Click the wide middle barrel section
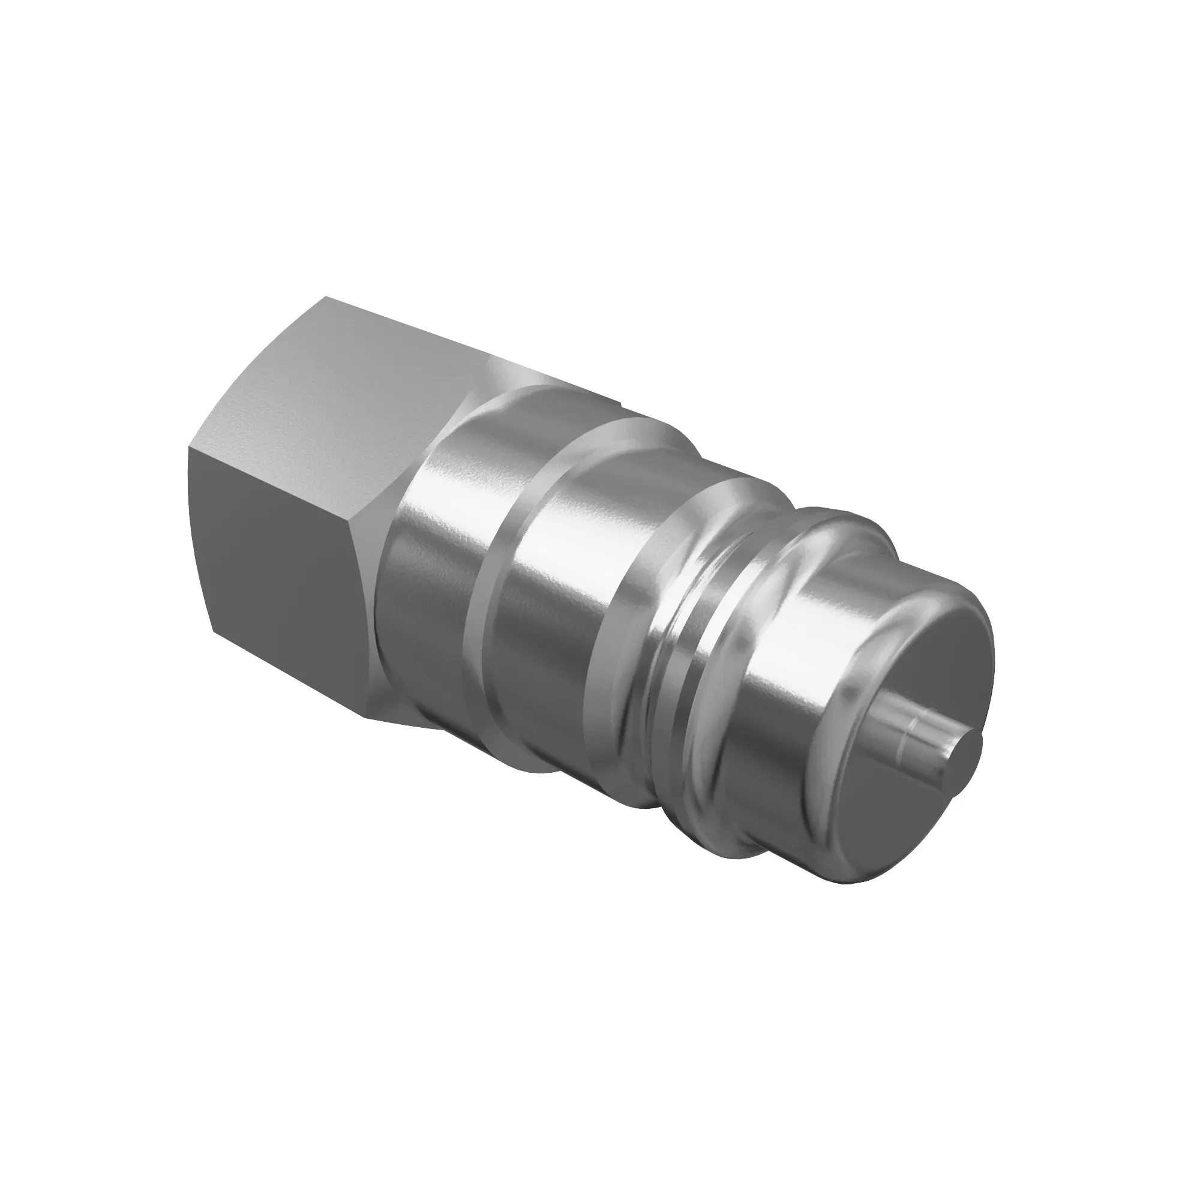coord(559,578)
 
